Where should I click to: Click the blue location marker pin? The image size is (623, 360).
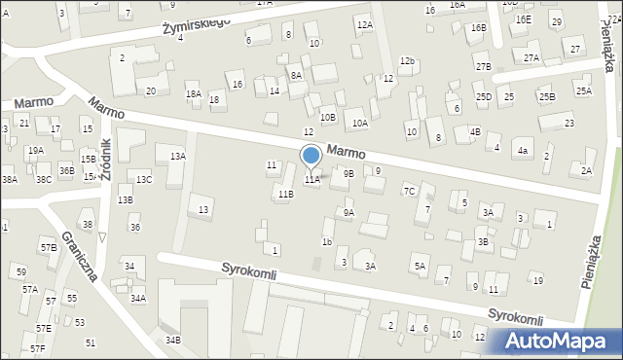pyautogui.click(x=311, y=158)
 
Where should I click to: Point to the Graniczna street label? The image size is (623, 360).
pyautogui.click(x=79, y=256)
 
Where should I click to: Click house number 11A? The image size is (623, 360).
pyautogui.click(x=311, y=180)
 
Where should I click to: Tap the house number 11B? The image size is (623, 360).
pyautogui.click(x=283, y=195)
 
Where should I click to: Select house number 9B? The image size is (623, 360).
pyautogui.click(x=348, y=173)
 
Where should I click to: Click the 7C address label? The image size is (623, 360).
pyautogui.click(x=410, y=191)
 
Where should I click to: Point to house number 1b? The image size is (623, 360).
pyautogui.click(x=327, y=241)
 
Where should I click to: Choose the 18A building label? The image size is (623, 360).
pyautogui.click(x=193, y=93)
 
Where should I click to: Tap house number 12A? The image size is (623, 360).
pyautogui.click(x=364, y=24)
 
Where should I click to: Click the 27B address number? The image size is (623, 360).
pyautogui.click(x=483, y=66)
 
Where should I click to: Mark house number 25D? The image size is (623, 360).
pyautogui.click(x=483, y=97)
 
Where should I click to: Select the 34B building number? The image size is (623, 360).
pyautogui.click(x=172, y=340)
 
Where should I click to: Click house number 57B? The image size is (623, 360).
pyautogui.click(x=48, y=248)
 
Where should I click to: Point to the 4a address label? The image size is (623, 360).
pyautogui.click(x=523, y=151)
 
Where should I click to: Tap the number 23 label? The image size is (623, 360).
pyautogui.click(x=568, y=124)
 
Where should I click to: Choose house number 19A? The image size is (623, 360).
pyautogui.click(x=35, y=151)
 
